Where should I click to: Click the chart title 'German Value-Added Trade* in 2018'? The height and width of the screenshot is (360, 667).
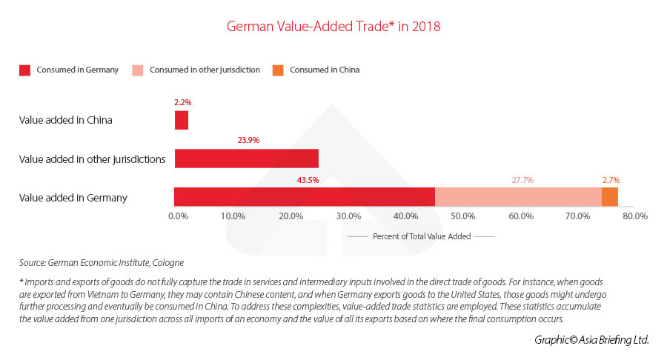tap(333, 27)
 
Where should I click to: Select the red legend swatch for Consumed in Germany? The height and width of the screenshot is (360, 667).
tap(25, 70)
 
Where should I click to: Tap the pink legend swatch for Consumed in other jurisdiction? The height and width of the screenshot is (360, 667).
tap(139, 70)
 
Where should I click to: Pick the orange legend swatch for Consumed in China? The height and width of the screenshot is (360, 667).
tap(277, 70)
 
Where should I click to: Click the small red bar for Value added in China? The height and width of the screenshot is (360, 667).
tap(182, 120)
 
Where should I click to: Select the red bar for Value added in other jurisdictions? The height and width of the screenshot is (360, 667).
tap(246, 159)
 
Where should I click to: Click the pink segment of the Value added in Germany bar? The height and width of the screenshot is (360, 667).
tap(518, 197)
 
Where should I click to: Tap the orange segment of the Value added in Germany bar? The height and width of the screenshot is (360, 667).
tap(609, 197)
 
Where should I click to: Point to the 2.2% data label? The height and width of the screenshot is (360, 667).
tap(182, 101)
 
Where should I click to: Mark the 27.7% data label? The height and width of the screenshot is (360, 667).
tap(522, 179)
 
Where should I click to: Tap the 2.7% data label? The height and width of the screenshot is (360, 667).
tap(611, 179)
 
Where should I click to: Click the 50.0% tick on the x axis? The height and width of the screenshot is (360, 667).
tap(463, 216)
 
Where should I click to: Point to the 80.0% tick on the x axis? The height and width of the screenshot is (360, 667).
tap(636, 216)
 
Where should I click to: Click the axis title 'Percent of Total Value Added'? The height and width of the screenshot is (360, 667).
tap(420, 236)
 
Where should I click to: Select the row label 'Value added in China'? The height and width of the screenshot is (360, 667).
tap(66, 120)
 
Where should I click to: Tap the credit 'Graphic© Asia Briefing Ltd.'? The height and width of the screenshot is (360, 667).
tap(591, 339)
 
